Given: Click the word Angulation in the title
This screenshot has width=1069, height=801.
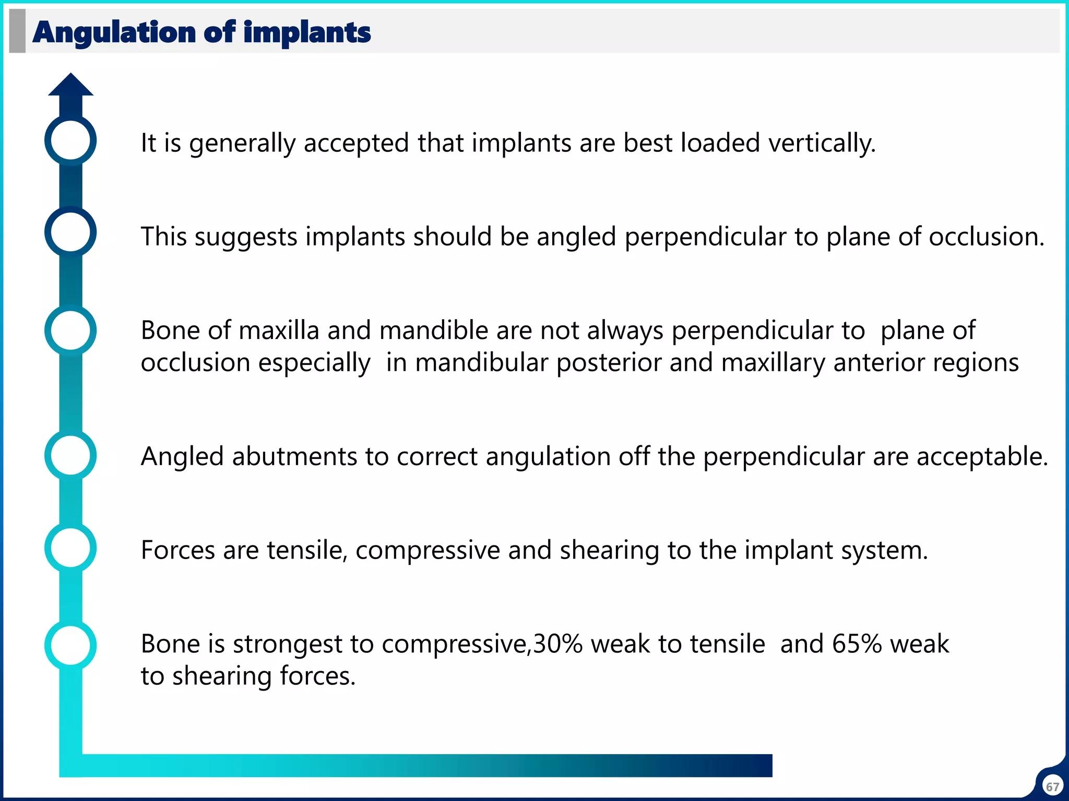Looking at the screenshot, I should pos(114,32).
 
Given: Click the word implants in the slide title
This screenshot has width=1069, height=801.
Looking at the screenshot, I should pos(307,32).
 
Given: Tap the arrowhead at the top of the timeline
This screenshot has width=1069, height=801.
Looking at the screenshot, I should pos(70,86).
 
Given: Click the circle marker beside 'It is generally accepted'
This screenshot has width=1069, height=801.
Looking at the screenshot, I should pos(70,140).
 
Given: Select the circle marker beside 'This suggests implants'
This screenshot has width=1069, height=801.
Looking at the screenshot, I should pos(70,232).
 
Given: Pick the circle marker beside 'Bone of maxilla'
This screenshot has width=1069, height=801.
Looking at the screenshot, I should pos(70,331).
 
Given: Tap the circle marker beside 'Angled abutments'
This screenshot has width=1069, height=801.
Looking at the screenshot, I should pos(70,455).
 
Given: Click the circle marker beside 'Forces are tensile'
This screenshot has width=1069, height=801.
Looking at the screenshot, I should pos(70,548).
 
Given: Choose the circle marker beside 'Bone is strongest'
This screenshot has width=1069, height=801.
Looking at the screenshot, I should pos(70,645).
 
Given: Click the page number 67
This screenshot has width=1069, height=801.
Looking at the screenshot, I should pos(1052,786).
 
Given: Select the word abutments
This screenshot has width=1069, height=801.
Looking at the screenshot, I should pos(294,457).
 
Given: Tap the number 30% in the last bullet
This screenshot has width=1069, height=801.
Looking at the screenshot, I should pos(557,644).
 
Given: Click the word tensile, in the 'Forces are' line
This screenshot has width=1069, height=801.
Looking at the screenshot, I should pos(307,550).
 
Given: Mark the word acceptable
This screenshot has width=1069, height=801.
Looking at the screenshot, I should pos(982,457).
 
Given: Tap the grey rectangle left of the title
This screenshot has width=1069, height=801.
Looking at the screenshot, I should pos(17,31).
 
